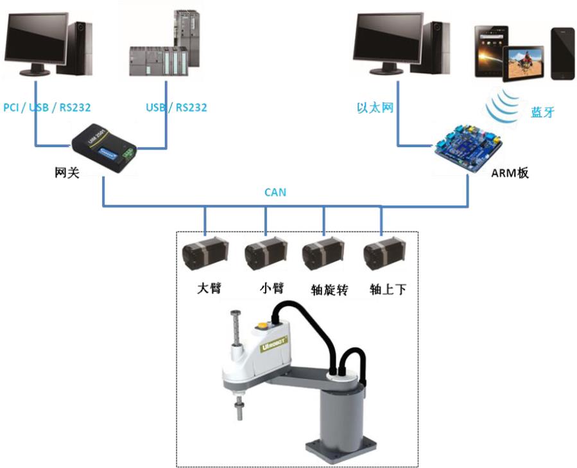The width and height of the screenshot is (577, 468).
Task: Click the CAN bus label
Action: point(275,192)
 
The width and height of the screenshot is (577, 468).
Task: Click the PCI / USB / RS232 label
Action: point(46,107)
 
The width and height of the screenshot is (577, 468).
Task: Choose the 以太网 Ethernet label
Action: point(375,107)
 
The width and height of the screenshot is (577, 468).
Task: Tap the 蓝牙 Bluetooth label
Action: point(542,112)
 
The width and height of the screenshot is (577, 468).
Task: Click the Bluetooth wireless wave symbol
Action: point(501,106)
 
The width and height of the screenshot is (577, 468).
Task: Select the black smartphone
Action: point(563,53)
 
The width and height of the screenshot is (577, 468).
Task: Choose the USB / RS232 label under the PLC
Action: point(176,107)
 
